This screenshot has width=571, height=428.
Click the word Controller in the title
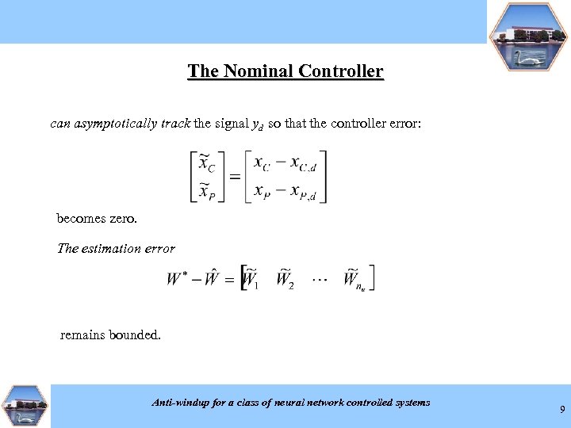point(341,71)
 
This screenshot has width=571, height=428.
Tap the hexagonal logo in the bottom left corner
point(25,406)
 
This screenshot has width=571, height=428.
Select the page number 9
point(562,410)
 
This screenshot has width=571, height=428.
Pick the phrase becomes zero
point(97,218)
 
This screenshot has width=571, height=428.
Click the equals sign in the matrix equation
point(236,176)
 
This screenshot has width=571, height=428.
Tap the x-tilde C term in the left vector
point(206,164)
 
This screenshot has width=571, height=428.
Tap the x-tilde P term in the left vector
point(206,191)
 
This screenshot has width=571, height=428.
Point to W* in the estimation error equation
point(177,279)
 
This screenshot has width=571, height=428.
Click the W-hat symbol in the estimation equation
point(211,278)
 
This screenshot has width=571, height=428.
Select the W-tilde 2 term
point(285,279)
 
